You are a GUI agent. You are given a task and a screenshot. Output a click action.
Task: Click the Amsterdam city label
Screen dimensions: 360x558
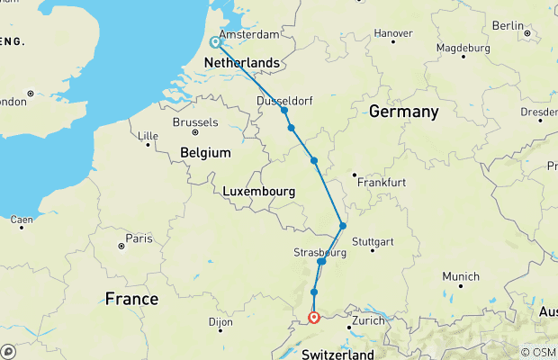(249, 34)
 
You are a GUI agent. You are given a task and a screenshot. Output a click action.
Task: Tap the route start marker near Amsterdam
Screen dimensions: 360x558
(216, 41)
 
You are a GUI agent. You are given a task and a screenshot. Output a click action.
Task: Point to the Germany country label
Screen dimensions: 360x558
(403, 112)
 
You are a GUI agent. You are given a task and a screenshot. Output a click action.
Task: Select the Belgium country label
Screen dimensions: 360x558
(206, 153)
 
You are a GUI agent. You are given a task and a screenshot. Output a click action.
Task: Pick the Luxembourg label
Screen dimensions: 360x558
(260, 192)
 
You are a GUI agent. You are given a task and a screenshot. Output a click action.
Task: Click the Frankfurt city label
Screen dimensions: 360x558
(382, 182)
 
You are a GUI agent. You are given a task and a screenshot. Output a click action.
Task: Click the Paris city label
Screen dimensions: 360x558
(139, 238)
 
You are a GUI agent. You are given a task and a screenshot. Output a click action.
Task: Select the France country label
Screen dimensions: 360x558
(130, 298)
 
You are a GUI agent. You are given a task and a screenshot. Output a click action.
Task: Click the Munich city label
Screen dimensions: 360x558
(460, 277)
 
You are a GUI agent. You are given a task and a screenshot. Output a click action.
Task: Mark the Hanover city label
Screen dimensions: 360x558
(393, 33)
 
